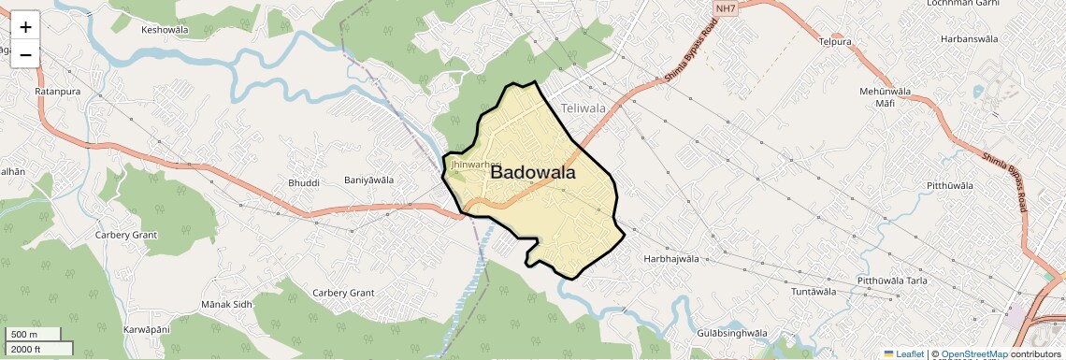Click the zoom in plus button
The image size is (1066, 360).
click(25, 27)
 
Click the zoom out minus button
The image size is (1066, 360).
click(25, 54)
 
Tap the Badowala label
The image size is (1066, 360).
click(532, 172)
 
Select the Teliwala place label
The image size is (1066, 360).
click(583, 108)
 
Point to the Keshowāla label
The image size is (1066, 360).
click(165, 30)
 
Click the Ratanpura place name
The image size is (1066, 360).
click(58, 93)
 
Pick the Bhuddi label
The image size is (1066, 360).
click(304, 182)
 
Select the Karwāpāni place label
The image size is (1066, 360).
click(147, 330)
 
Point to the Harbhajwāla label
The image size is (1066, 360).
click(671, 258)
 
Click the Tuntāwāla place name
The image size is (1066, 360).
click(813, 292)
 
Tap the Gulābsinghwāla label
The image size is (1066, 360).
click(732, 333)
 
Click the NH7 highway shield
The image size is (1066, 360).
click(724, 8)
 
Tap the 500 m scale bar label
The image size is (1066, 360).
click(25, 334)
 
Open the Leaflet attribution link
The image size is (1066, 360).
click(903, 353)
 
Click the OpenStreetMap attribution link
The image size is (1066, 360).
click(973, 353)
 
